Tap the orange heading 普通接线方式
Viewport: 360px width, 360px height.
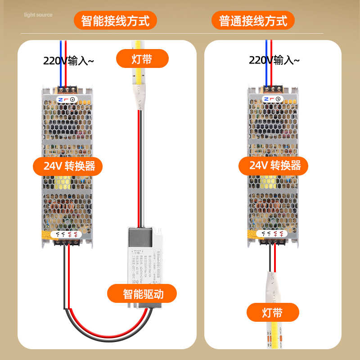(x=253, y=21)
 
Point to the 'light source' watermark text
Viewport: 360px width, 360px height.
(x=38, y=15)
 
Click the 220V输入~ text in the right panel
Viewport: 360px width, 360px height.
(x=274, y=60)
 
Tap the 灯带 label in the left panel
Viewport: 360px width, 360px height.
(x=142, y=59)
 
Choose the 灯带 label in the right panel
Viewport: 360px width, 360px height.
(x=273, y=312)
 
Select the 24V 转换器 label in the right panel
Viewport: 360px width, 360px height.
(x=273, y=166)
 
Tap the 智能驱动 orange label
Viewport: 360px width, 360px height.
(x=142, y=294)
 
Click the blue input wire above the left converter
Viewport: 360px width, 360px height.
(x=61, y=63)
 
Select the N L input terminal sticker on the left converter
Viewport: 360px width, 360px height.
(x=67, y=99)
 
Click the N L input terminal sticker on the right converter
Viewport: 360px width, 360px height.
(x=272, y=99)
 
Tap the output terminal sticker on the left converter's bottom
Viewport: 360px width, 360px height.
(x=67, y=234)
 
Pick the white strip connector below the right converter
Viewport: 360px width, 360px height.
(x=272, y=288)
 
